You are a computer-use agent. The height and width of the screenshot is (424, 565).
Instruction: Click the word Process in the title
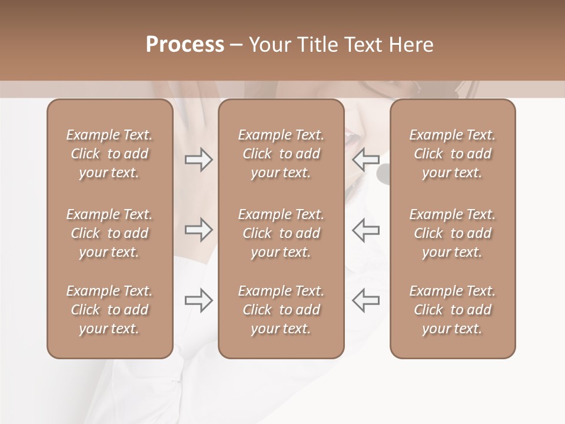point(185,45)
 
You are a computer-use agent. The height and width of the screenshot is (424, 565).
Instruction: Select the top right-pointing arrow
point(198,159)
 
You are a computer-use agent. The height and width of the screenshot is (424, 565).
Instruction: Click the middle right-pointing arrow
point(198,230)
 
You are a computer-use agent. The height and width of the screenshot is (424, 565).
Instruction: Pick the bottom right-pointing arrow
point(198,300)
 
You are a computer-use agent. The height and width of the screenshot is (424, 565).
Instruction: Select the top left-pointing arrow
point(365,159)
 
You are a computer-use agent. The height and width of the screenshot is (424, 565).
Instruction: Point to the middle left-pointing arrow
point(365,230)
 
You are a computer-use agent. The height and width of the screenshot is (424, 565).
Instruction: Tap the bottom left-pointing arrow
point(365,300)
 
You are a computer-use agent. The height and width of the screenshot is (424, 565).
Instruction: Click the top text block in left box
point(109,154)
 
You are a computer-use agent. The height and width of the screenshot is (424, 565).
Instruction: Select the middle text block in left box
point(109,233)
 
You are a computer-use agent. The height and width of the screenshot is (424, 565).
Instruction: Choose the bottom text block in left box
point(109,310)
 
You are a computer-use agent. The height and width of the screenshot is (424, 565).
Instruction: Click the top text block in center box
point(281,154)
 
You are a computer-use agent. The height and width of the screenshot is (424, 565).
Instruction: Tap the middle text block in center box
point(281,233)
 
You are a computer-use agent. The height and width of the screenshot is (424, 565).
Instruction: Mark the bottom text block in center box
point(281,310)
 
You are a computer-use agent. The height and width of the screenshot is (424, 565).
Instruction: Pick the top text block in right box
point(453,154)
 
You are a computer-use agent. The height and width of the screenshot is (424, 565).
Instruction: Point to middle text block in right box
point(453,233)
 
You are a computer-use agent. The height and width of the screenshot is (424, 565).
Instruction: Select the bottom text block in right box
point(453,310)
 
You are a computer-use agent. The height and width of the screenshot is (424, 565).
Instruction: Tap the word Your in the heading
point(269,45)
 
